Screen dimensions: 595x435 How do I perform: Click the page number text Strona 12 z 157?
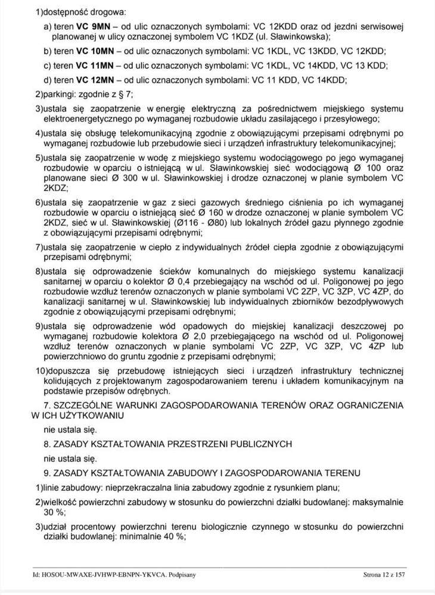384,575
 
